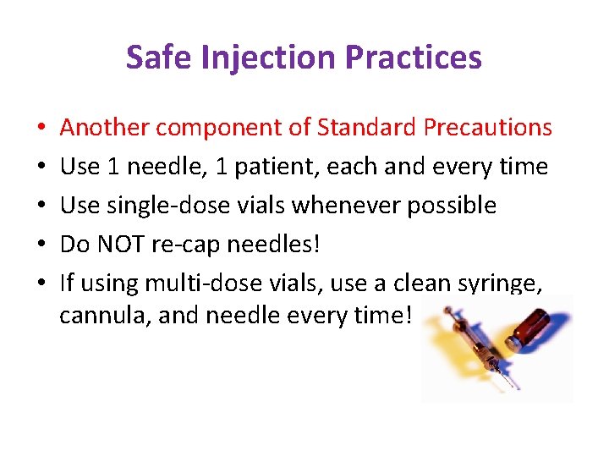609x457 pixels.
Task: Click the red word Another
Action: click(x=105, y=128)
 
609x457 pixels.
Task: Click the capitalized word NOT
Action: click(x=120, y=245)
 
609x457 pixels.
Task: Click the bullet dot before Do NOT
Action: click(x=42, y=245)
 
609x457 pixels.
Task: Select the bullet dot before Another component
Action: click(x=42, y=129)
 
